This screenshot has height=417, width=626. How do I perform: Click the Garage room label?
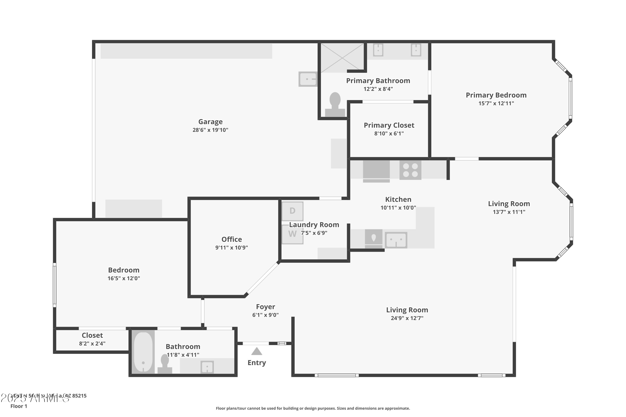pyautogui.click(x=210, y=122)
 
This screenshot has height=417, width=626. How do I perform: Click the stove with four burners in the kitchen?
pyautogui.click(x=410, y=170)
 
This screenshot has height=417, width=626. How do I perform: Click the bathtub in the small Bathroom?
pyautogui.click(x=143, y=352)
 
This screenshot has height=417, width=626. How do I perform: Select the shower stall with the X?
pyautogui.click(x=342, y=58)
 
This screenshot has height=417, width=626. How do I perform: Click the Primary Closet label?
pyautogui.click(x=389, y=125)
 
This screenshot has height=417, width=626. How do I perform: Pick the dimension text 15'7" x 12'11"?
pyautogui.click(x=496, y=103)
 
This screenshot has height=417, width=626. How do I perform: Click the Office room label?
pyautogui.click(x=232, y=239)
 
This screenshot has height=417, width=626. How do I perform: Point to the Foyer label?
pyautogui.click(x=265, y=307)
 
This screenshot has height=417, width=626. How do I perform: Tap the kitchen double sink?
pyautogui.click(x=396, y=240)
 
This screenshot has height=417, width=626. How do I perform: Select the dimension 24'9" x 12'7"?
pyautogui.click(x=407, y=318)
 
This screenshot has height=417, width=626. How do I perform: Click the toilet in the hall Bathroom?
pyautogui.click(x=165, y=364)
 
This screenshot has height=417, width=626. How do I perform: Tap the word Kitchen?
pyautogui.click(x=398, y=200)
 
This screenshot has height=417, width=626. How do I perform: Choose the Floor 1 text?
pyautogui.click(x=19, y=406)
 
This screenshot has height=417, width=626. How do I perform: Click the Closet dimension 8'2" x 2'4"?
pyautogui.click(x=92, y=344)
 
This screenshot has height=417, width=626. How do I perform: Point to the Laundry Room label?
pyautogui.click(x=314, y=225)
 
